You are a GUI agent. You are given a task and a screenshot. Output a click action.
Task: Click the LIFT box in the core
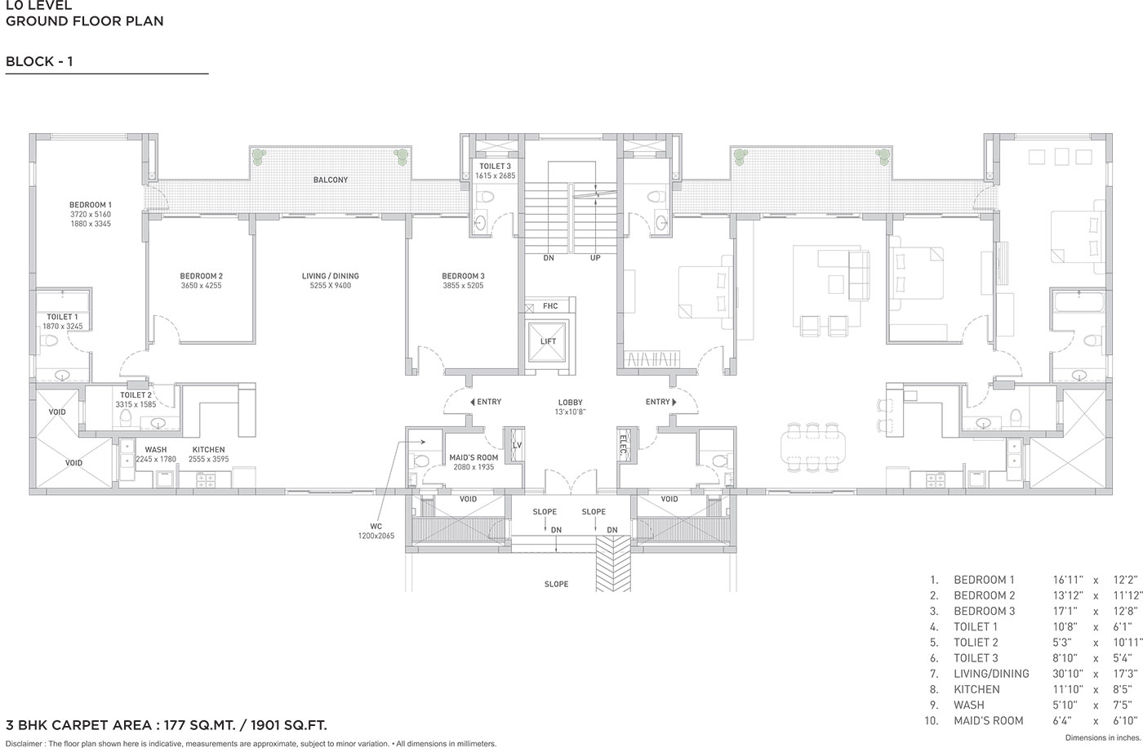(x=548, y=341)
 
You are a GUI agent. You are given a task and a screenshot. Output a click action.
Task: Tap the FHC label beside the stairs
(x=550, y=306)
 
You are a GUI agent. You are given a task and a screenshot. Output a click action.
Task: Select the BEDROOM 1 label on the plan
(x=91, y=205)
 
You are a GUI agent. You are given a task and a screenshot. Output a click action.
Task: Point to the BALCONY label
(x=331, y=180)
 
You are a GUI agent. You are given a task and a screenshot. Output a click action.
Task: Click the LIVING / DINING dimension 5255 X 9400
(x=331, y=286)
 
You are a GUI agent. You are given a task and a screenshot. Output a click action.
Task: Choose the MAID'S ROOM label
(x=474, y=457)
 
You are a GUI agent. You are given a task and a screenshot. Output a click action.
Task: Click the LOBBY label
(x=570, y=402)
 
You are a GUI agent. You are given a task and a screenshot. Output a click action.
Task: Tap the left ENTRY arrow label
(x=486, y=402)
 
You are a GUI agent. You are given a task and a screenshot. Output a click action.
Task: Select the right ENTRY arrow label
(x=660, y=402)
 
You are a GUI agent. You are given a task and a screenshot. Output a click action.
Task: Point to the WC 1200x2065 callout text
(x=376, y=531)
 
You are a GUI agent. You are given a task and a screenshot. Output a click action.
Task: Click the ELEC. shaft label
(x=623, y=445)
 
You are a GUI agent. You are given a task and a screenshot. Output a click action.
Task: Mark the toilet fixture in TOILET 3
(x=485, y=197)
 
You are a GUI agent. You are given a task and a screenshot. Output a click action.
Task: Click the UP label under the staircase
(x=595, y=258)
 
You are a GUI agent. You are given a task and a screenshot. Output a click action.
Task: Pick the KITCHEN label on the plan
(x=209, y=449)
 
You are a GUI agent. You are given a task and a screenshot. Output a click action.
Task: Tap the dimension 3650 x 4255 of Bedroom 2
(x=201, y=286)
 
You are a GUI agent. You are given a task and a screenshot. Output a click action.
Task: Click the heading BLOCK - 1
(x=39, y=61)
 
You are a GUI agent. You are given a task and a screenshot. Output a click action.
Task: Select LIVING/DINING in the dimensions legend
(x=991, y=674)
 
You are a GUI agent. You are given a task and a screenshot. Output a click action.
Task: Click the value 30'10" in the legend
(x=1068, y=674)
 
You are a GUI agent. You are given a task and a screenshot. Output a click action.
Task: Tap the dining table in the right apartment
(x=812, y=446)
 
